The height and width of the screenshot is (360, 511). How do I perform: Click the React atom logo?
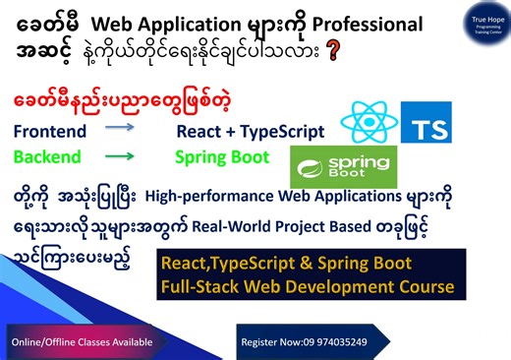tap(369, 123)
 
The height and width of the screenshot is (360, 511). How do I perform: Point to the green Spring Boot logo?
tap(343, 166)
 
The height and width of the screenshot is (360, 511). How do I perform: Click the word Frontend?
tap(49, 132)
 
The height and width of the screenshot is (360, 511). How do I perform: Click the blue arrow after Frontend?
tap(121, 128)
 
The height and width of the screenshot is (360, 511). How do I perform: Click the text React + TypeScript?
tap(250, 132)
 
